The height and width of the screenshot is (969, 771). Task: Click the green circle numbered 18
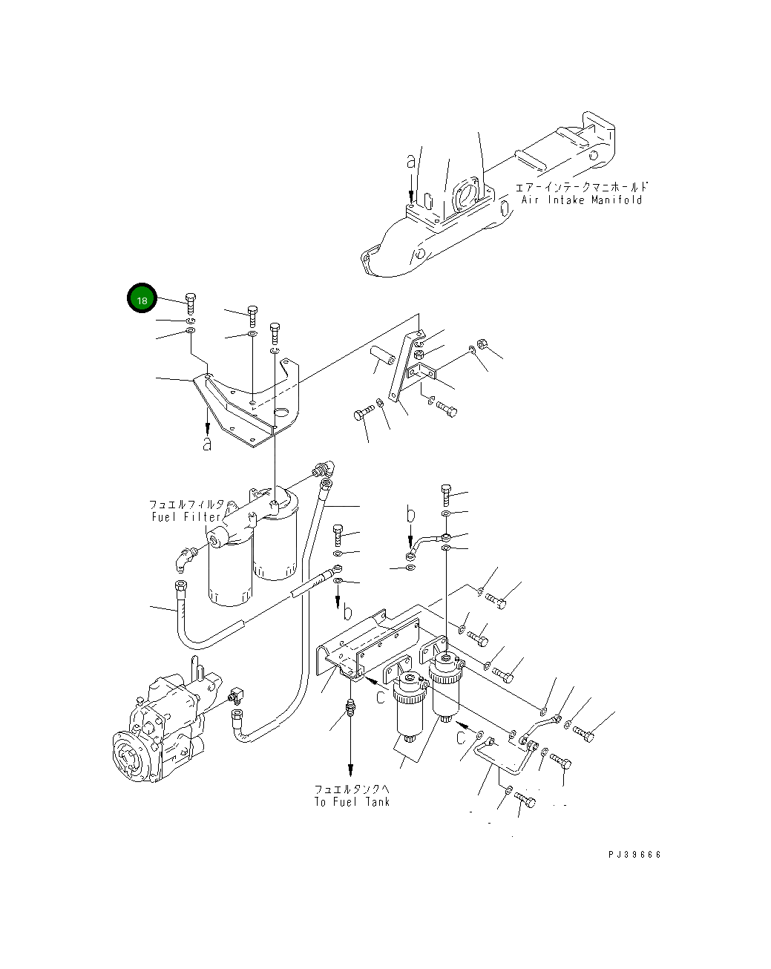(x=141, y=299)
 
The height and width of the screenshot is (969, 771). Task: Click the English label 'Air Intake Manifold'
(x=581, y=200)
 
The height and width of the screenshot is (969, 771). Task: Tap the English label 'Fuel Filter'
(x=186, y=516)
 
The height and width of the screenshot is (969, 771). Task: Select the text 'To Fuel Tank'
(x=351, y=802)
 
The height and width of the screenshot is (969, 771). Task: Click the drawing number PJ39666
(x=634, y=854)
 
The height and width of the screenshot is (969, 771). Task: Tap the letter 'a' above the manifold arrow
(x=411, y=161)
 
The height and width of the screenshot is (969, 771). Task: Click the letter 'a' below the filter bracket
(x=208, y=444)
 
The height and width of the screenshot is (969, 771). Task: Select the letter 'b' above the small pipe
(x=410, y=513)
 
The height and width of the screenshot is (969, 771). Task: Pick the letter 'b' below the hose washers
(x=347, y=612)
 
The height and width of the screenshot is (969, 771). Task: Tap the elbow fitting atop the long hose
(x=324, y=468)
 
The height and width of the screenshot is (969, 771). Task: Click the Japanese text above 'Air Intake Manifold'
(x=581, y=188)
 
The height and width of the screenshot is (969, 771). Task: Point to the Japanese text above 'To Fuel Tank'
(x=351, y=789)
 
